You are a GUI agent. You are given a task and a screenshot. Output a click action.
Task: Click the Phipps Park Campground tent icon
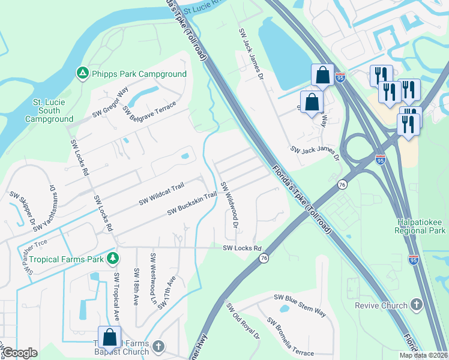(82, 73)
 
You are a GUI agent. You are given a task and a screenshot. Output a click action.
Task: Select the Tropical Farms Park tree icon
(112, 259)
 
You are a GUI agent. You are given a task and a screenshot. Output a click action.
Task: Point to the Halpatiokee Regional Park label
(420, 226)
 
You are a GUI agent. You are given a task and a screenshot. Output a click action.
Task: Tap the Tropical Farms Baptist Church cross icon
(158, 346)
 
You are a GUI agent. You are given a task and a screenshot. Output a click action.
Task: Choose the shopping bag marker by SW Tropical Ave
(110, 338)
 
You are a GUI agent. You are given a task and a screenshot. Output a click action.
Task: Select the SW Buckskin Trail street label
(191, 203)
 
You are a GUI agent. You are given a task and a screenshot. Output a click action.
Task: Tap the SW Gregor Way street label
(110, 103)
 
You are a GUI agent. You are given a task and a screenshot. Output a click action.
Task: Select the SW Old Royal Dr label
(243, 321)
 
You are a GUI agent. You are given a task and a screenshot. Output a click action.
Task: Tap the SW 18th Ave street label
(137, 287)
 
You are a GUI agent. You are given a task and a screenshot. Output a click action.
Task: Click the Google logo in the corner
(20, 353)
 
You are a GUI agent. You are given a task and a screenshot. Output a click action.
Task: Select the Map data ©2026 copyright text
(423, 355)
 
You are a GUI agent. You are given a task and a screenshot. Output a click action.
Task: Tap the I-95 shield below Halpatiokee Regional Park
(413, 259)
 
